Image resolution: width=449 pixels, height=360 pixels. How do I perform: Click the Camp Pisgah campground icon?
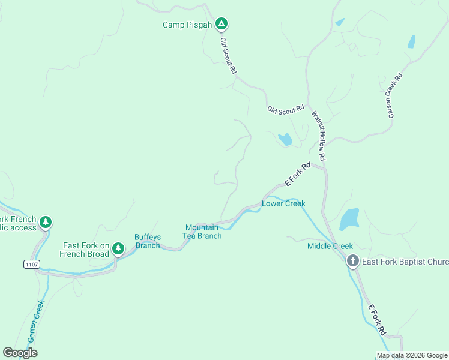click(x=221, y=24)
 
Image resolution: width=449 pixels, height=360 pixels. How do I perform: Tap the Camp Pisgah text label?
click(x=187, y=25)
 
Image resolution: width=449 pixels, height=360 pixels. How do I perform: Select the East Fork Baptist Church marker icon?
click(x=352, y=260)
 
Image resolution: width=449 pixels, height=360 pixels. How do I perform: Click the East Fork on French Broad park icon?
click(x=118, y=248)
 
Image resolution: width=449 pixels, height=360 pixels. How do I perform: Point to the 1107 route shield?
click(x=32, y=264)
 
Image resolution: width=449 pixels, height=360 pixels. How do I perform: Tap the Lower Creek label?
click(x=283, y=203)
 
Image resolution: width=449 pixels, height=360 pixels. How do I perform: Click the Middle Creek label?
click(x=330, y=246)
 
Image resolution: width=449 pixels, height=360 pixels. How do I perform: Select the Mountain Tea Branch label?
click(x=202, y=232)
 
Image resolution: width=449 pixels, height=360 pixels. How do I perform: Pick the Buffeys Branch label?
click(x=148, y=241)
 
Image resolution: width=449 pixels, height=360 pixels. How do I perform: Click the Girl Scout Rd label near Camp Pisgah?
click(x=228, y=55)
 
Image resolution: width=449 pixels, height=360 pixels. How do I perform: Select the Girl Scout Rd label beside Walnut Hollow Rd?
click(x=286, y=110)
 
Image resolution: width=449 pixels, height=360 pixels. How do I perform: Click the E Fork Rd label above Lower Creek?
click(x=297, y=174)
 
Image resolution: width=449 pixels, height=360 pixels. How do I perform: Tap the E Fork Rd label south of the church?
click(x=376, y=319)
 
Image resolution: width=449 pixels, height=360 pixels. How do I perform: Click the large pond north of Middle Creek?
click(x=349, y=219)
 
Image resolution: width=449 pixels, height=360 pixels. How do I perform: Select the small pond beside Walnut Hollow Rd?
click(x=285, y=140)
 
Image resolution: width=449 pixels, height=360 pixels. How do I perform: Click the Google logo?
click(x=20, y=353)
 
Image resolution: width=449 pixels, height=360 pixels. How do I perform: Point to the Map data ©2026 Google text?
click(x=412, y=355)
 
